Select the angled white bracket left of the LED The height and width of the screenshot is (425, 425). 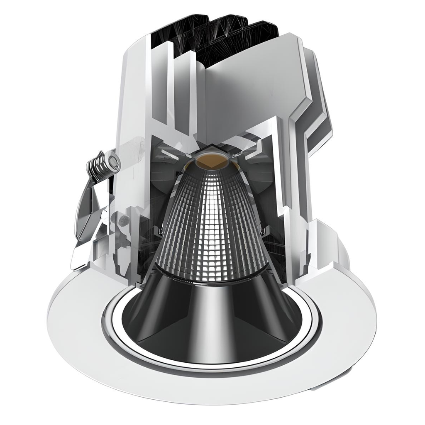170,154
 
